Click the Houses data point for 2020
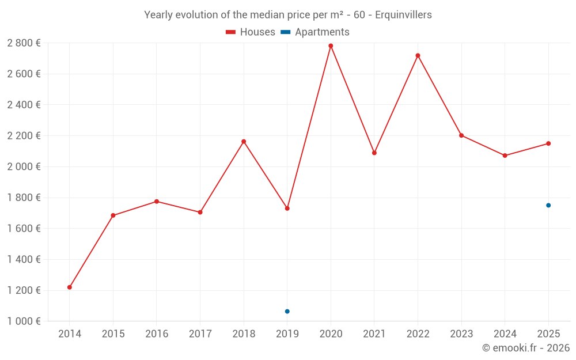point(331,46)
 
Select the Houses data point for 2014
point(70,287)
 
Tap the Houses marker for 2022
point(418,55)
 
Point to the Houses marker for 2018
point(244,142)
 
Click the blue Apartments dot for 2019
point(287,312)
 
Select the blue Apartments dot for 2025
point(548,206)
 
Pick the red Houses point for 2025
point(548,143)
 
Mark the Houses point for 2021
point(374,153)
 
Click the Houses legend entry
point(251,32)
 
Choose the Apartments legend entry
point(315,32)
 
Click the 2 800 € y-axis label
point(24,43)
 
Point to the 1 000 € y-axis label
point(24,321)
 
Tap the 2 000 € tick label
point(24,167)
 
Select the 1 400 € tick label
point(24,260)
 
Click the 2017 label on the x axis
point(200,334)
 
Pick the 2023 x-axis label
point(461,334)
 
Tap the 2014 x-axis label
point(70,334)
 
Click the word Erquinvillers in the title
point(403,15)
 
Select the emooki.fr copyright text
point(526,348)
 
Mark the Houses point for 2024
point(505,156)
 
